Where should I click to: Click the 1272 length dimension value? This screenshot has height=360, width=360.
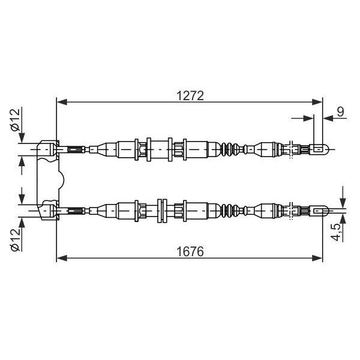tap(190, 96)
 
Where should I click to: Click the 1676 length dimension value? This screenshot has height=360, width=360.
tap(190, 251)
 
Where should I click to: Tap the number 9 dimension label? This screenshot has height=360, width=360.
tap(341, 112)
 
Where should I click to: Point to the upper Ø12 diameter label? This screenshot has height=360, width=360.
tap(16, 119)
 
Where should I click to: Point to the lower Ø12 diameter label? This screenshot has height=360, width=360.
tap(16, 240)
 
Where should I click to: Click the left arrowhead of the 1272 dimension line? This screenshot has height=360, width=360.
tap(62, 102)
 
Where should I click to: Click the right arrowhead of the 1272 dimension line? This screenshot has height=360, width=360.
tap(317, 102)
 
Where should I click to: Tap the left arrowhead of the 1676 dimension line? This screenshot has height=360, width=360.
tap(62, 258)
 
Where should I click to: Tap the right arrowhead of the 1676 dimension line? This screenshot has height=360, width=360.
tap(317, 258)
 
